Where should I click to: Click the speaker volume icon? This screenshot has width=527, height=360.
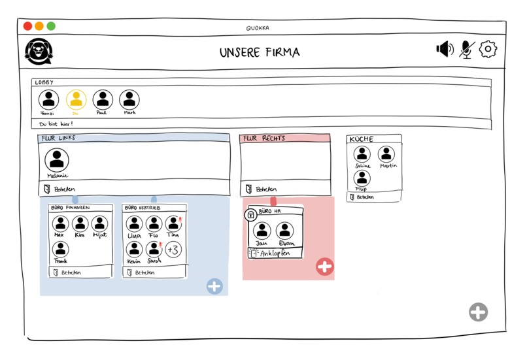pos(445,50)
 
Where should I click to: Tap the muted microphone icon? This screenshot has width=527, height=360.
pos(466,50)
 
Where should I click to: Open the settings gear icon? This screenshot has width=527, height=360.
pos(488,50)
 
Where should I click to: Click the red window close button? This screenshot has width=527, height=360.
pos(27,26)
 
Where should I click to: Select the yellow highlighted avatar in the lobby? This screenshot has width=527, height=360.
pos(76,99)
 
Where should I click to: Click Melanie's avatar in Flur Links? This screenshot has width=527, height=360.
pos(57,160)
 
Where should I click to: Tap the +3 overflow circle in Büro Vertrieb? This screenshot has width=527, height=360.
pos(173,250)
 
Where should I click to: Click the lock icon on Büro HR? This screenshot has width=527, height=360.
pos(250,215)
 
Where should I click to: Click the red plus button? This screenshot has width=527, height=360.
pos(325,267)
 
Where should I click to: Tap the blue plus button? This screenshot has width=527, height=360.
pos(214,286)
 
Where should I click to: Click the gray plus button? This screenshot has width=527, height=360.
pos(478,312)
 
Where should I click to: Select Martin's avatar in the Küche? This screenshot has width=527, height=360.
pos(386,154)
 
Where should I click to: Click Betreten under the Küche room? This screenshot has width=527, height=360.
pos(365,197)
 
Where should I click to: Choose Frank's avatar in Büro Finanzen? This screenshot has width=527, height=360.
pos(61,249)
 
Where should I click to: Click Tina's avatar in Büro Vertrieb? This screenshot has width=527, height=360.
pos(173,224)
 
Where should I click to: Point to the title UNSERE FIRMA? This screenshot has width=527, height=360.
pos(260,52)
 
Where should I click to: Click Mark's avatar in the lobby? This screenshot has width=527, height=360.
pos(129,99)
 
